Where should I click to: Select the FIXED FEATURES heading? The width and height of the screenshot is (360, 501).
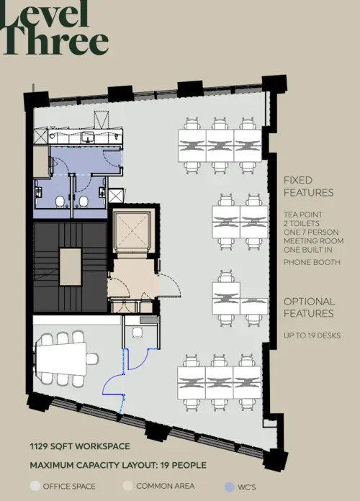(308, 186)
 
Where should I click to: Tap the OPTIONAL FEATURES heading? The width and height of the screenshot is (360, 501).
(309, 307)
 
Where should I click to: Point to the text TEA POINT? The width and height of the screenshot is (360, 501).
(303, 215)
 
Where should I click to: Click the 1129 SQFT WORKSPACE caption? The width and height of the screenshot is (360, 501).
(80, 446)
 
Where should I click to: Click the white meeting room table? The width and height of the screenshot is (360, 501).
(60, 357)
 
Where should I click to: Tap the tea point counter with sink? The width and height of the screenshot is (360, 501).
(79, 135)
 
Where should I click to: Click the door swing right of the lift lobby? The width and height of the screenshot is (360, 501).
(170, 289)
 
